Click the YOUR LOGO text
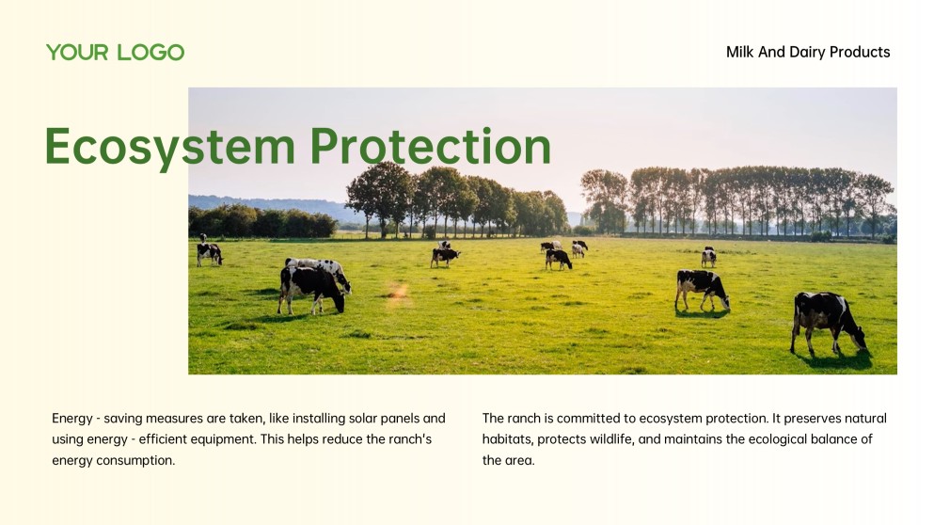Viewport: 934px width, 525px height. click(115, 53)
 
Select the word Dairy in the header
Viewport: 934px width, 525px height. click(806, 53)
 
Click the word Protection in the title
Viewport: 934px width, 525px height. click(430, 147)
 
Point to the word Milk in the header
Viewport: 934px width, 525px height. click(740, 53)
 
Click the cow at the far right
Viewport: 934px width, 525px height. click(826, 321)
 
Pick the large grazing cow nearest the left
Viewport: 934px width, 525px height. click(313, 285)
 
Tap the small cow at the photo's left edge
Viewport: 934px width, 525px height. click(209, 252)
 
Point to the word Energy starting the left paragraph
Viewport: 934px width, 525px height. click(72, 419)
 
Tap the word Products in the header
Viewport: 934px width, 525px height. click(860, 53)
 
